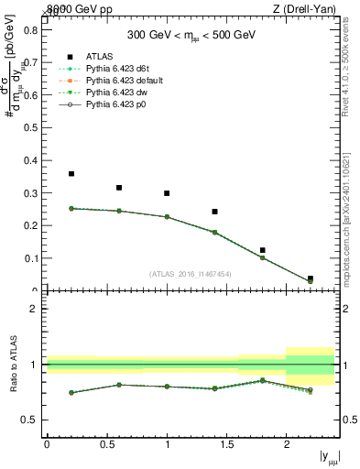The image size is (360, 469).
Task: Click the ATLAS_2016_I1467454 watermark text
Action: click(190, 273)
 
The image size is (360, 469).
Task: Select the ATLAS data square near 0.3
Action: click(167, 193)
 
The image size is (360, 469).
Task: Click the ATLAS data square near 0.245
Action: click(214, 212)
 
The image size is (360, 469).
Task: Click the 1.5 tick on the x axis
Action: click(226, 444)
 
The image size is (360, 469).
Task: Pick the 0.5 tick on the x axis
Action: click(106, 444)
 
